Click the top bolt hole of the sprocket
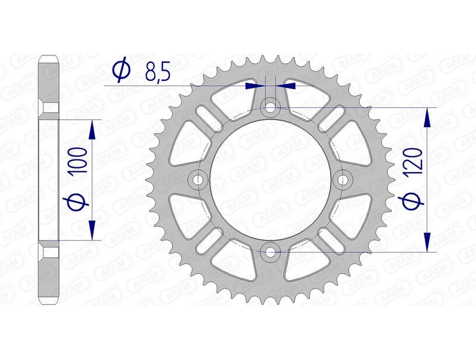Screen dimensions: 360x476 (271, 108)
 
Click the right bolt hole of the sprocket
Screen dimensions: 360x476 (344, 179)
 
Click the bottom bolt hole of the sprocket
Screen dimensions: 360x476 (271, 251)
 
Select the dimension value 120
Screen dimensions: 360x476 (415, 161)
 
